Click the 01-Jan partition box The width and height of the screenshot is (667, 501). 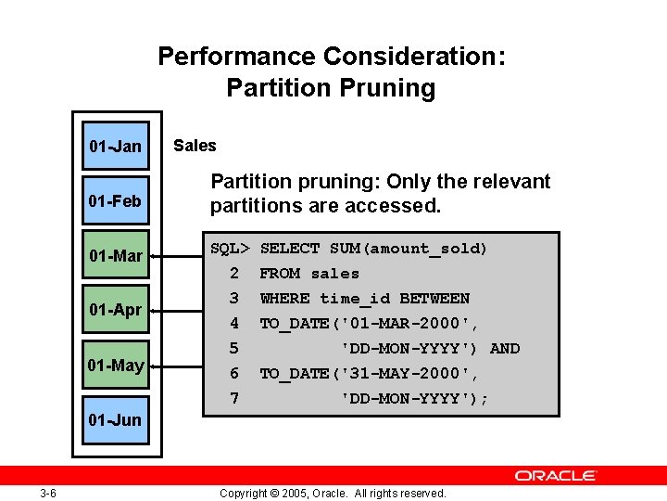tap(116, 146)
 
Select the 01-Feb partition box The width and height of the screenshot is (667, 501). tap(116, 200)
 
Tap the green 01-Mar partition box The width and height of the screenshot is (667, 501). tap(116, 255)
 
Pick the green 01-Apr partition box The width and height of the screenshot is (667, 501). tap(116, 309)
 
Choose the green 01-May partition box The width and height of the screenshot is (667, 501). tap(116, 365)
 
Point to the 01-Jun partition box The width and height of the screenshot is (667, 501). tap(116, 419)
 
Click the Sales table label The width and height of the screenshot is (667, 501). tap(195, 146)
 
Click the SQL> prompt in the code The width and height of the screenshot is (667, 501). tap(230, 249)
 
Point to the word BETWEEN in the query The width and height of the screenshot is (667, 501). tap(434, 299)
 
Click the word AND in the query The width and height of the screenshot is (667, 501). tap(505, 349)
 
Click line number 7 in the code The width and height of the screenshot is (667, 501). tap(234, 399)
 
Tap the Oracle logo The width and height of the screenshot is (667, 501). tap(556, 475)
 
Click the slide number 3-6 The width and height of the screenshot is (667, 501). tap(48, 493)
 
